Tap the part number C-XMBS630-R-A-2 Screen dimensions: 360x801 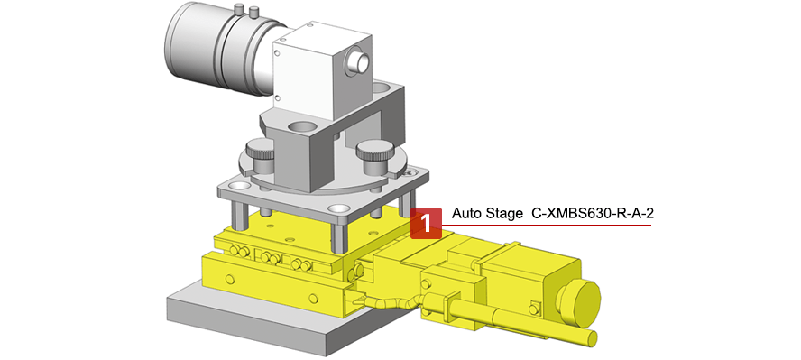(593, 214)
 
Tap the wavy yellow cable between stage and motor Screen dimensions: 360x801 (392, 301)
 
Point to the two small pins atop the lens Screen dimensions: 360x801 (244, 11)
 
